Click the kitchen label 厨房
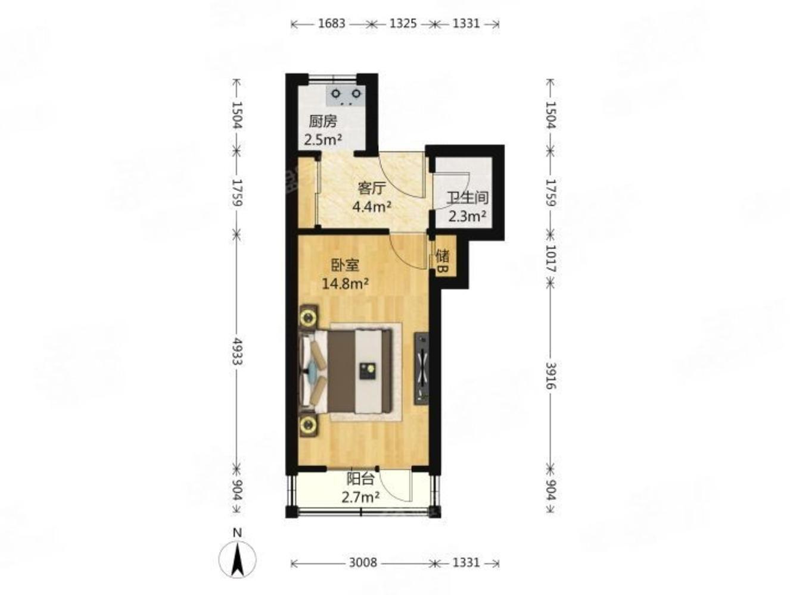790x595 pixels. click(x=322, y=121)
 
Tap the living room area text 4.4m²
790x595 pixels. click(x=371, y=206)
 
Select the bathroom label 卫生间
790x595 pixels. click(x=467, y=198)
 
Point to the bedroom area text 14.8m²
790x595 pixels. click(x=345, y=284)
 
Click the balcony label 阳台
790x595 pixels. click(x=360, y=478)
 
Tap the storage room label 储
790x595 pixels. click(x=442, y=256)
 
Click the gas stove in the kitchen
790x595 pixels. click(x=346, y=95)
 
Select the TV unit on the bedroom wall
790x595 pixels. click(x=421, y=369)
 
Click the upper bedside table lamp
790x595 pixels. click(x=308, y=318)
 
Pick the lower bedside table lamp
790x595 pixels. click(x=308, y=426)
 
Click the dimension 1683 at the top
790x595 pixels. click(x=331, y=24)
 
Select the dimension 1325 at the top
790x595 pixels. click(x=403, y=24)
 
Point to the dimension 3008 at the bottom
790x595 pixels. click(x=363, y=562)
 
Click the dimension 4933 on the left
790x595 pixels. click(x=237, y=351)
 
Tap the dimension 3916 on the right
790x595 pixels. click(x=550, y=376)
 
